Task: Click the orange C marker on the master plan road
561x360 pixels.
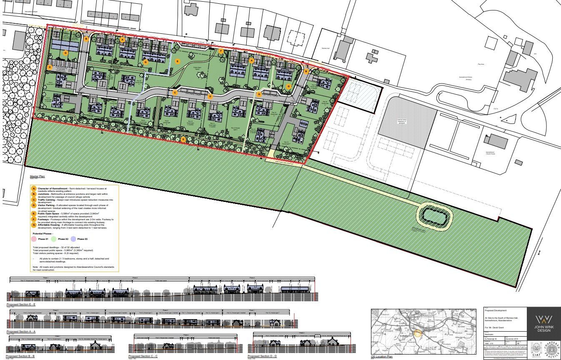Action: tap(175, 92)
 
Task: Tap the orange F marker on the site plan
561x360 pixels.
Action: tap(221, 51)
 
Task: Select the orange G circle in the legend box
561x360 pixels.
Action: tap(34, 225)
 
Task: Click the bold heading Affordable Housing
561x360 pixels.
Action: tap(51, 225)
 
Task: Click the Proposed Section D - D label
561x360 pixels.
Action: tap(262, 356)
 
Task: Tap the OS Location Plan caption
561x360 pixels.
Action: tap(382, 357)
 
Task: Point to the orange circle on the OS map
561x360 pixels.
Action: tap(418, 333)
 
